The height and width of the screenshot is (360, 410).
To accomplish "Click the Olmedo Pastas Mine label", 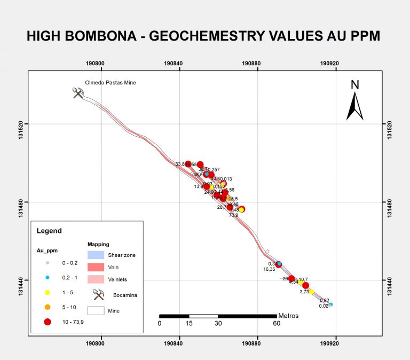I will (x=111, y=83).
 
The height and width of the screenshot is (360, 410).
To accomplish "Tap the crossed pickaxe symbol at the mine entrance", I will (x=79, y=93).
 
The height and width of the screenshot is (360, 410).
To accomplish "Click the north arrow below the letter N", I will (x=354, y=106).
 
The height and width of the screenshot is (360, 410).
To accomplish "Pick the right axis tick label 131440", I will (x=390, y=280).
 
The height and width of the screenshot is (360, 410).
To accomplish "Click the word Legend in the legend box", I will (x=49, y=231).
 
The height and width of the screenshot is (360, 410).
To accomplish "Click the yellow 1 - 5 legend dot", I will (x=48, y=292).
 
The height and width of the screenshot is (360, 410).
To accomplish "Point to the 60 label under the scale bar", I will (x=277, y=324).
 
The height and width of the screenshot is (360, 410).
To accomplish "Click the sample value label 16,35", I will (x=269, y=270).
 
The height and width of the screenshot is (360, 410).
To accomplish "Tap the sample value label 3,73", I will (x=304, y=292).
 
